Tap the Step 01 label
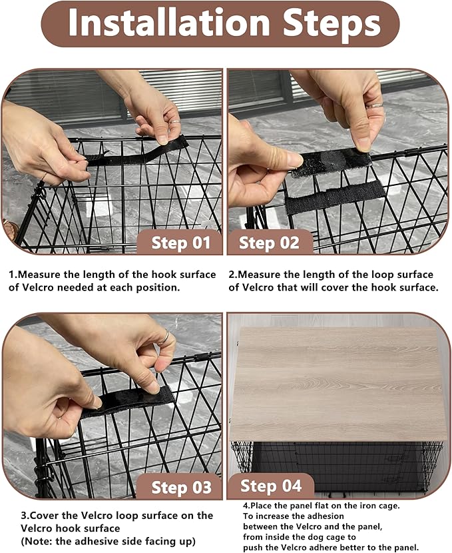point(180,242)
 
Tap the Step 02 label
point(269,242)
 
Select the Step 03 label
point(180,487)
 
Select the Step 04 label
point(270,485)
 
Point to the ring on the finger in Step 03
point(163,337)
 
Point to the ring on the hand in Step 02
point(375,105)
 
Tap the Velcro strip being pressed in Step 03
point(126,401)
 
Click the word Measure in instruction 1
point(41,275)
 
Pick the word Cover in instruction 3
point(39,515)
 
